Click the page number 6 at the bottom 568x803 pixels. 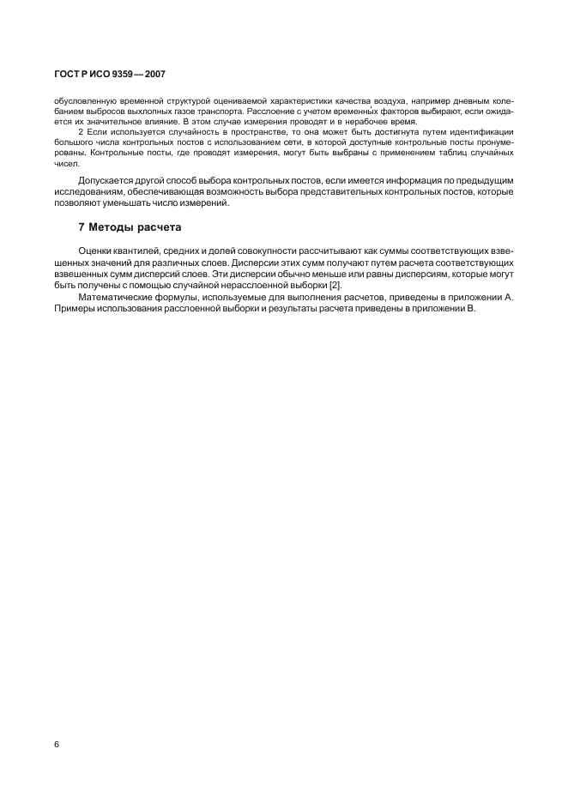tap(56, 743)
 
